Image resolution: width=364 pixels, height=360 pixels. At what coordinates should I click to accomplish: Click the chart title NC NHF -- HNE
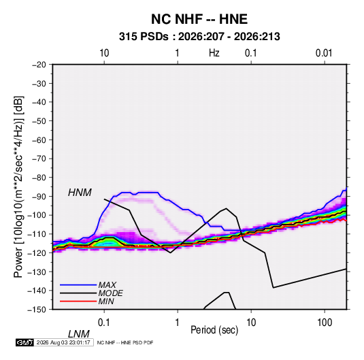coord(199,19)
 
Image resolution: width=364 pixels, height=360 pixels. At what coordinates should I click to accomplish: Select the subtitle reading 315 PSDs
coord(144,37)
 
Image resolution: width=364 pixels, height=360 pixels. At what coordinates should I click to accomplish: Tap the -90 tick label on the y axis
coord(39,197)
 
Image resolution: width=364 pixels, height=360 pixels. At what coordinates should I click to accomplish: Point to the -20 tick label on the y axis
coord(39,65)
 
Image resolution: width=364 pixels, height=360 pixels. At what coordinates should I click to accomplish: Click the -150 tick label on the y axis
coord(37,310)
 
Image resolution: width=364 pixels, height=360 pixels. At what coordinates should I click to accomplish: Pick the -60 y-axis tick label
coord(39,140)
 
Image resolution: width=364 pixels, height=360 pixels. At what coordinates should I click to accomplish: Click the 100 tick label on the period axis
coord(325,323)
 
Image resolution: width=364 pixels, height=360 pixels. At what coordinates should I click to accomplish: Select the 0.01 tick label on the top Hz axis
coord(324,53)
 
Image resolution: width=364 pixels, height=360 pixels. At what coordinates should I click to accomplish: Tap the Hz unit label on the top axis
coord(214,53)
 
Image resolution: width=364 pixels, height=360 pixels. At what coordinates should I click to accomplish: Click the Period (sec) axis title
coord(214,330)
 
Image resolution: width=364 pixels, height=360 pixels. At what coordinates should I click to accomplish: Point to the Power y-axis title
coord(18,187)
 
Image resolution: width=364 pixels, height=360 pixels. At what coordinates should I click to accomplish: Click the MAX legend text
coord(107,285)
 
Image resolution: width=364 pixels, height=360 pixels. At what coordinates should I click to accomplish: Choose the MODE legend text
coord(110,293)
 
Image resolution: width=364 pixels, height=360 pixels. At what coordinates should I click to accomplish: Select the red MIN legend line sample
coord(78,301)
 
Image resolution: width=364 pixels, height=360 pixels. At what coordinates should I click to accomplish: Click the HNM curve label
coord(80,193)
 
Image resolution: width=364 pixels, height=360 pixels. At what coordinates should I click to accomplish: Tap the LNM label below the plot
coord(79,334)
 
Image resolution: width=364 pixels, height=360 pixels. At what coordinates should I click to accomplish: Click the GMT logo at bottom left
coord(25,342)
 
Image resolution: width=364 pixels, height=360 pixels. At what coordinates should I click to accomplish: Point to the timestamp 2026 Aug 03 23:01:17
coord(63,342)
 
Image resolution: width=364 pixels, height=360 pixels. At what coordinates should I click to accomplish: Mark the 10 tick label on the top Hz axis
coord(104,53)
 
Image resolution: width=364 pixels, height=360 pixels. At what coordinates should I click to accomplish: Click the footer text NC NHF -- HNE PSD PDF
coord(125,342)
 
